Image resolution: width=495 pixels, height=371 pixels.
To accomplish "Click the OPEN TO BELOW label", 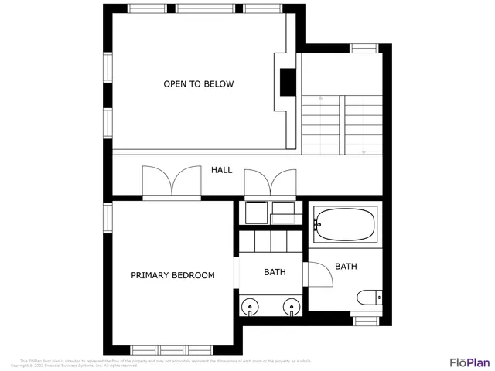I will pyautogui.click(x=198, y=83).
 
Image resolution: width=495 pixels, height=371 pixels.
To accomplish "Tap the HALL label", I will pyautogui.click(x=222, y=169).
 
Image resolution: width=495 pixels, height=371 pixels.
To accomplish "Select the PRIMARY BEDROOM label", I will pyautogui.click(x=172, y=275).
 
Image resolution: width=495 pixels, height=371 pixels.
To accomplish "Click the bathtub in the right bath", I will pyautogui.click(x=345, y=225).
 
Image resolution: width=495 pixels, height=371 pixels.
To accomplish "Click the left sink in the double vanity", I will pyautogui.click(x=250, y=308).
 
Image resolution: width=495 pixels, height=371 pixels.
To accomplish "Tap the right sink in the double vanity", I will pyautogui.click(x=292, y=308).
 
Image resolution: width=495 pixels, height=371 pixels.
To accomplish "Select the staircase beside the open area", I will pyautogui.click(x=342, y=124).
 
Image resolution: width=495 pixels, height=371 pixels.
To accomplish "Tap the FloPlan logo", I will pyautogui.click(x=469, y=362).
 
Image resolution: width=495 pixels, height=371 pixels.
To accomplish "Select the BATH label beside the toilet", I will pyautogui.click(x=346, y=267).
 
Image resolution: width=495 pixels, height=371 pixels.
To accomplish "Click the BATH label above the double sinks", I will pyautogui.click(x=275, y=272).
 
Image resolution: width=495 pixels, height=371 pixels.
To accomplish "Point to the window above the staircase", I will pyautogui.click(x=363, y=49).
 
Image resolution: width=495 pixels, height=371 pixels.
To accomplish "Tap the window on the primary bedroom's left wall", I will pyautogui.click(x=108, y=220).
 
